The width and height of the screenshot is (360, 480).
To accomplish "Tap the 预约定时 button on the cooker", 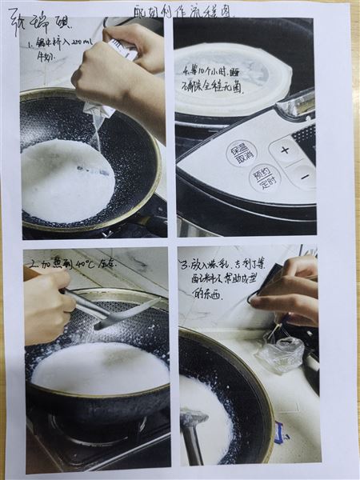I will pyautogui.click(x=263, y=178).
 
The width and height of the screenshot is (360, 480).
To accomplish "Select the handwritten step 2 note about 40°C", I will pyautogui.click(x=72, y=262).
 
